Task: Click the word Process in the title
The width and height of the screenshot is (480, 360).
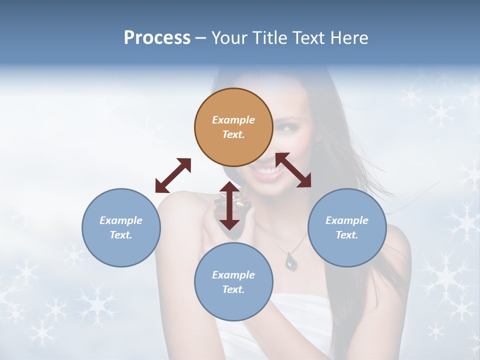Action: (x=157, y=38)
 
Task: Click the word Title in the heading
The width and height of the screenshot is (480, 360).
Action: (x=268, y=38)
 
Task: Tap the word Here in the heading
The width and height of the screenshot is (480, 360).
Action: (x=350, y=38)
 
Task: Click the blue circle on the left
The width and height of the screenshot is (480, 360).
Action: (x=121, y=227)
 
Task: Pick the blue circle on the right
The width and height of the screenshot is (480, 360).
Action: (x=347, y=227)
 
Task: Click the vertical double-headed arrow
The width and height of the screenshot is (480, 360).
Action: (x=229, y=205)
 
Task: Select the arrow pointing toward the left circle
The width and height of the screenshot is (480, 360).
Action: (x=173, y=175)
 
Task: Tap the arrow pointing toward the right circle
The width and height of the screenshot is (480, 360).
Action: (x=293, y=170)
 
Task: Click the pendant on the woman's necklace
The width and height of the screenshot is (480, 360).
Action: (x=291, y=260)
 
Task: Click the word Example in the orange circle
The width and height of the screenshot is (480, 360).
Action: (x=233, y=120)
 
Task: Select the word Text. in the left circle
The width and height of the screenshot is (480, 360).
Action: (x=121, y=235)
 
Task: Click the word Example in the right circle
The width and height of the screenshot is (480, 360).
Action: (x=347, y=220)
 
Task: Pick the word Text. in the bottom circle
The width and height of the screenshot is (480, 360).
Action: (x=233, y=289)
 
